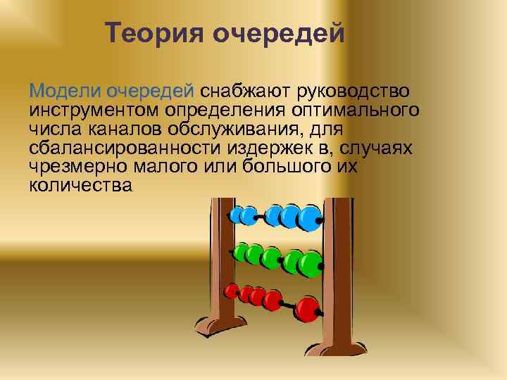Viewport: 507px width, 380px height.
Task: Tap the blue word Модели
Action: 65,91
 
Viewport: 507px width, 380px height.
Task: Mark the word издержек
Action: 265,148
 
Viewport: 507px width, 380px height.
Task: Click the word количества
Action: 80,186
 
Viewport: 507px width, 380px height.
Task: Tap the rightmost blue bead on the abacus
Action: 309,217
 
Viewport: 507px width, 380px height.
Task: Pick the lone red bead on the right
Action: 307,308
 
